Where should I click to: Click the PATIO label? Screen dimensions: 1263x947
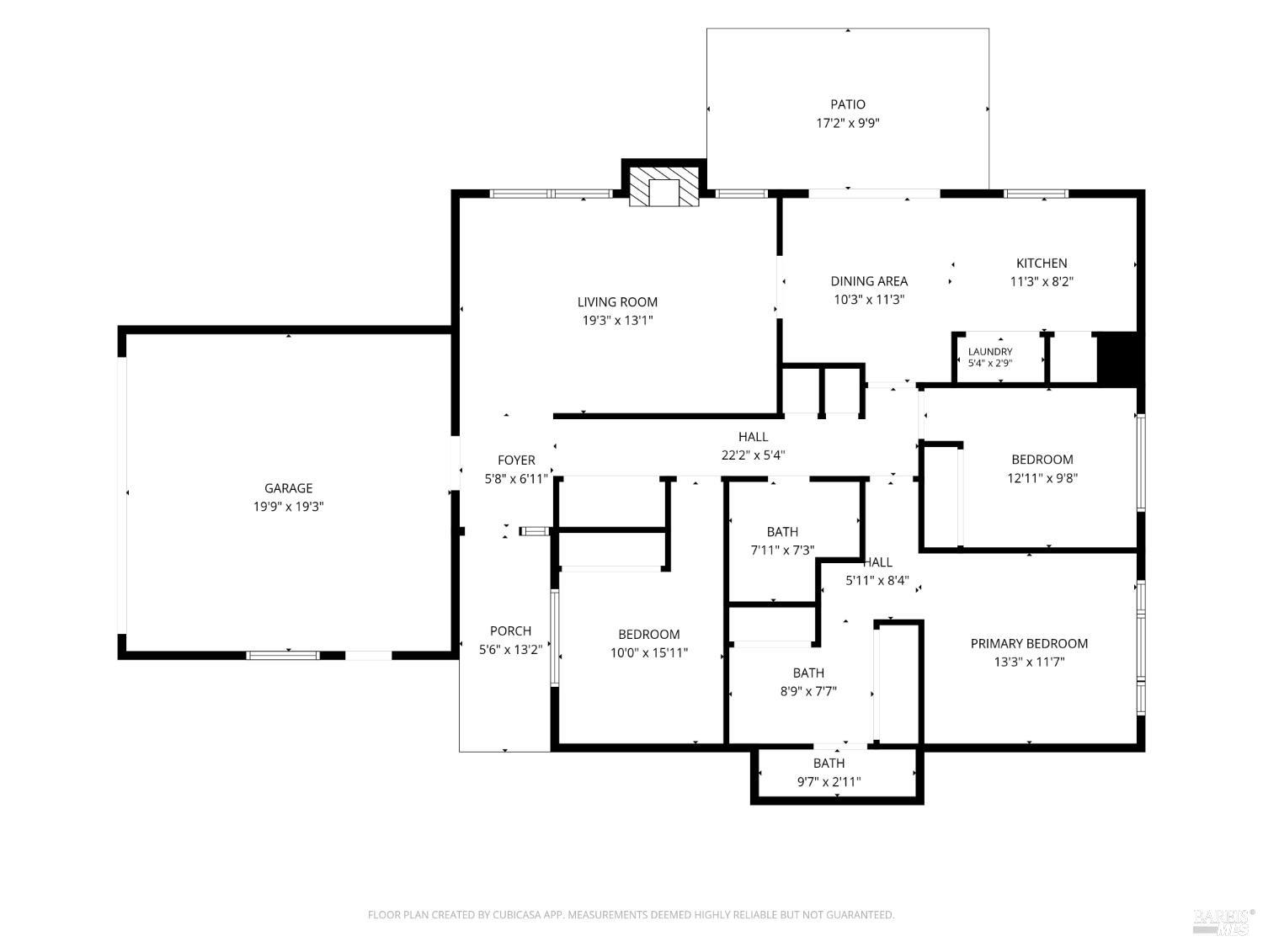(847, 104)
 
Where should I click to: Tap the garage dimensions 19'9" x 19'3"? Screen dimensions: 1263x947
(288, 507)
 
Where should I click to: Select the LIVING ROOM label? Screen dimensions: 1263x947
(617, 302)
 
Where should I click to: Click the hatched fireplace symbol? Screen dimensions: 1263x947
(664, 186)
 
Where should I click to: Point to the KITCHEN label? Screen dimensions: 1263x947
(1042, 263)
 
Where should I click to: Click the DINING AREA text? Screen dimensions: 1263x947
(869, 281)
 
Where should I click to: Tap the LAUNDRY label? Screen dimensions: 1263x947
(989, 351)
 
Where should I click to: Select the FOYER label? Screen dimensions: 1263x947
(516, 460)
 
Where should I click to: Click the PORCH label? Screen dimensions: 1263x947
(510, 630)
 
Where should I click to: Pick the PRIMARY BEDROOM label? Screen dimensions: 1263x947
(1029, 643)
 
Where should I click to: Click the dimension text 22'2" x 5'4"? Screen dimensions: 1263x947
(754, 455)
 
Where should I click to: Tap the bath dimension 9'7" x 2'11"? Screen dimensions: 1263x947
(829, 781)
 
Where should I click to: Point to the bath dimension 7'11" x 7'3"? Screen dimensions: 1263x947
(782, 551)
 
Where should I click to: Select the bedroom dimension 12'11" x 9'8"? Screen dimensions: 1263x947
(1042, 478)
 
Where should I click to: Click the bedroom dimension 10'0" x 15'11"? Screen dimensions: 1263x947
(649, 652)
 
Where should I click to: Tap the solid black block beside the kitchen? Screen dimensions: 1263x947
(1117, 357)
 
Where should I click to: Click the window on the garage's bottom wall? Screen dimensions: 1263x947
(283, 655)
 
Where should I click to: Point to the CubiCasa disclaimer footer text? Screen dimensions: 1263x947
(631, 915)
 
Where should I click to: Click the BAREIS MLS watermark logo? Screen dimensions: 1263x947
(1223, 923)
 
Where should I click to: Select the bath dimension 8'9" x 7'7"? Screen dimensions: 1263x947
(808, 691)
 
